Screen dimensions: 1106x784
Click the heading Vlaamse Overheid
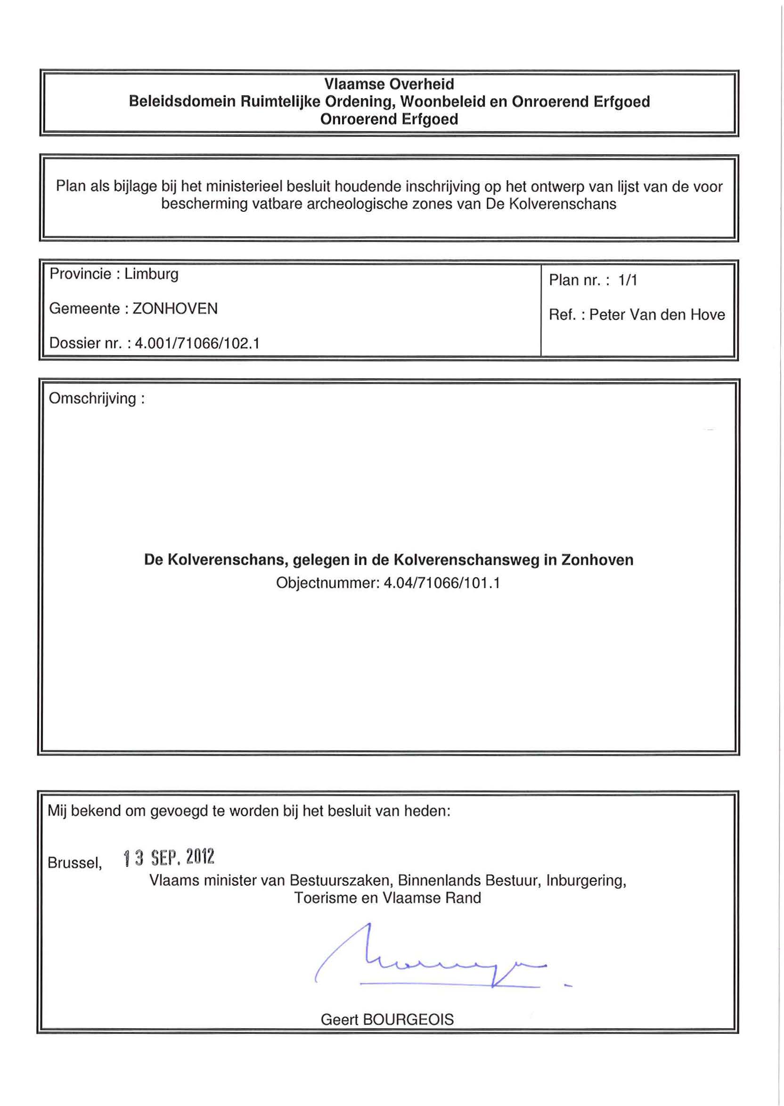click(x=389, y=84)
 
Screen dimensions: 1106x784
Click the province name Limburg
click(x=152, y=274)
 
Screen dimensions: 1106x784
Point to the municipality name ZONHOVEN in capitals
click(x=175, y=308)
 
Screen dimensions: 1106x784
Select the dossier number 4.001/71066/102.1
click(x=197, y=343)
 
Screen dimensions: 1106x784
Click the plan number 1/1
click(x=628, y=280)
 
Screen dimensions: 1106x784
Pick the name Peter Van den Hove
click(x=657, y=315)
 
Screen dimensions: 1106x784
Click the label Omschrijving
click(x=93, y=399)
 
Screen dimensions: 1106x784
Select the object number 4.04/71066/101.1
click(x=441, y=583)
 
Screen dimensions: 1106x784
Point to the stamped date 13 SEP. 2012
click(x=169, y=857)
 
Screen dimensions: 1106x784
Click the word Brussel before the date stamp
click(x=74, y=863)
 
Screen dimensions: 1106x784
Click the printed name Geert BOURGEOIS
click(x=387, y=1020)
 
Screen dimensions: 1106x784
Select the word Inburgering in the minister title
click(x=586, y=881)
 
